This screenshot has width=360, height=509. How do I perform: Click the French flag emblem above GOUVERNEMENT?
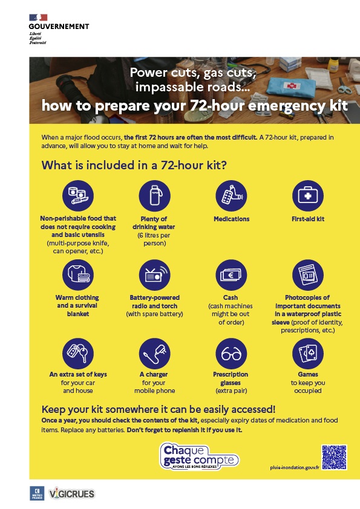(38, 18)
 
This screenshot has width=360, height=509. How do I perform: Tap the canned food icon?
(78, 196)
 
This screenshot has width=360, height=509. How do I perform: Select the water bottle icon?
(155, 196)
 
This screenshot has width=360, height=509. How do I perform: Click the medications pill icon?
(231, 196)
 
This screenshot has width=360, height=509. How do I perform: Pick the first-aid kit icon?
(308, 196)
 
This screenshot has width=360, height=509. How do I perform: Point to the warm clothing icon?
(78, 274)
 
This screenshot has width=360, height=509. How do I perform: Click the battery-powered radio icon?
(155, 274)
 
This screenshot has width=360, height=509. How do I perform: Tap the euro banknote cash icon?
(231, 274)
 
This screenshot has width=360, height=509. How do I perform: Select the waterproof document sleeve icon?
(308, 274)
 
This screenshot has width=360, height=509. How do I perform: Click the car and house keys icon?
(78, 354)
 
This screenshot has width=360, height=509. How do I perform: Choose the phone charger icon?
(155, 354)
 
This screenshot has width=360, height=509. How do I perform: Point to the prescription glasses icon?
(231, 354)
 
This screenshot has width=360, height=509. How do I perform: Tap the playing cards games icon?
(308, 354)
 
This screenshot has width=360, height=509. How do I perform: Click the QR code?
(334, 457)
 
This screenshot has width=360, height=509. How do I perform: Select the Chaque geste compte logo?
(199, 456)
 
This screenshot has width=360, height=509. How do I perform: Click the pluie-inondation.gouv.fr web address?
(295, 467)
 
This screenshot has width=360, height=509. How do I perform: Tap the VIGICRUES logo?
(71, 494)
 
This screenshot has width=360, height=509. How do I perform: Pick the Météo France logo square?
(37, 493)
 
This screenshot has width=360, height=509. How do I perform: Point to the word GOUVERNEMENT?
(59, 27)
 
